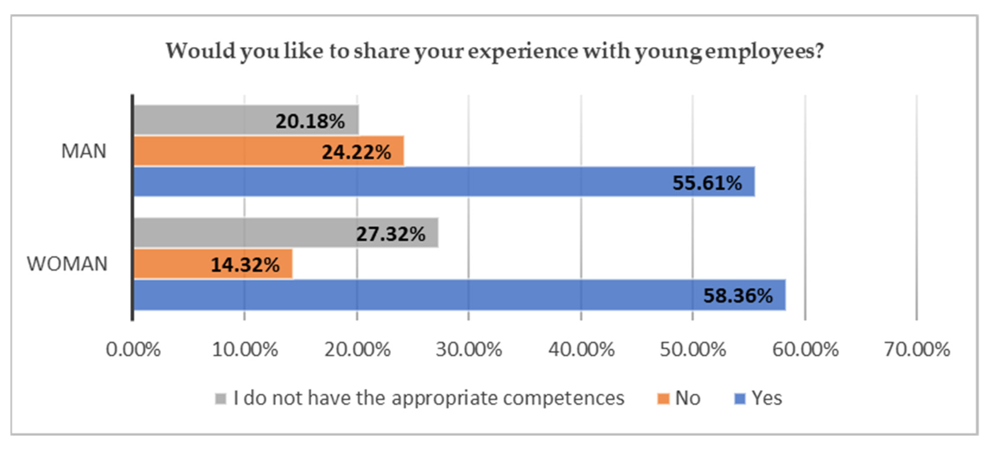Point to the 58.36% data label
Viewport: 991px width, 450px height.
pyautogui.click(x=738, y=296)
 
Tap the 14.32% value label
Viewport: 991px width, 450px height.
pyautogui.click(x=245, y=265)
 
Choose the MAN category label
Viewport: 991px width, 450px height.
pyautogui.click(x=84, y=151)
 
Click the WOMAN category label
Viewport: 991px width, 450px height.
pyautogui.click(x=67, y=264)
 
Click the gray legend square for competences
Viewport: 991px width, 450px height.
pyautogui.click(x=220, y=398)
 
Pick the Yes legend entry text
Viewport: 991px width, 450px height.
pyautogui.click(x=767, y=398)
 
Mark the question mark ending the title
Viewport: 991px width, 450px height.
pyautogui.click(x=819, y=50)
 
